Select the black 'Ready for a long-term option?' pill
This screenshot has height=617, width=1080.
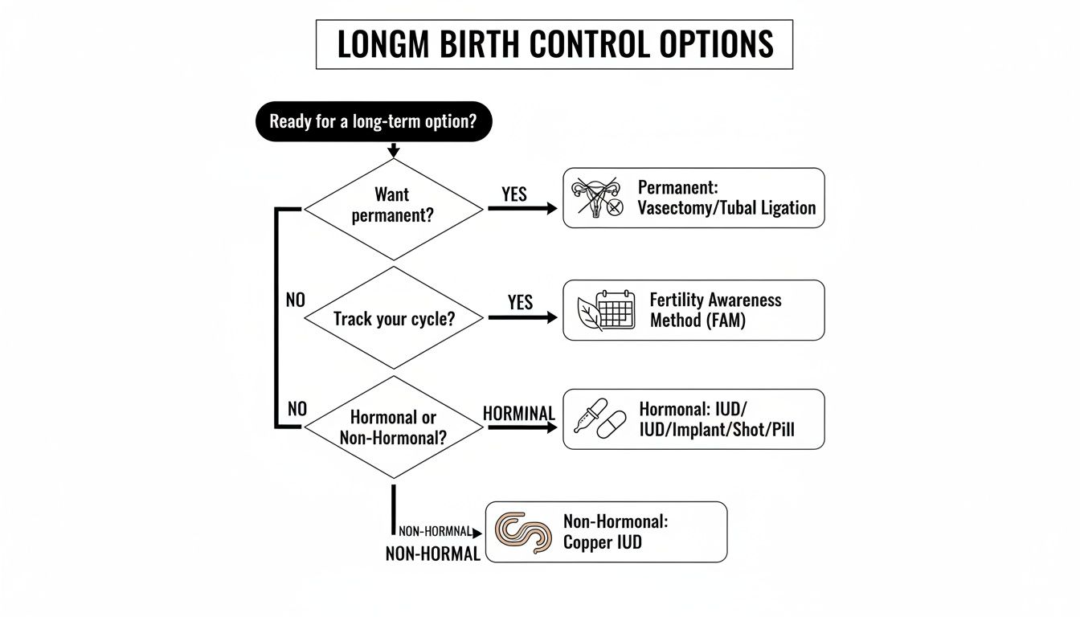pos(373,122)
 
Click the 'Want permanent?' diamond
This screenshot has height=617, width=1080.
pos(392,206)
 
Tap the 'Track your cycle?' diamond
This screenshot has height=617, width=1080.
pos(394,318)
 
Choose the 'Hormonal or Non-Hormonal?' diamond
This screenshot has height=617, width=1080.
pos(394,427)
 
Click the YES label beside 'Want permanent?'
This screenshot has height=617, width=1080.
pos(514,194)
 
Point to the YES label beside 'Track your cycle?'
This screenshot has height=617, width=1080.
pos(521,302)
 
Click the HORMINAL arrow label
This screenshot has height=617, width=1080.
pos(519,413)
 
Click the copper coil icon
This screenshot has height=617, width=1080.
pos(523,532)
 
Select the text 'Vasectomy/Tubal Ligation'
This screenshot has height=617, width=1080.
pos(726,208)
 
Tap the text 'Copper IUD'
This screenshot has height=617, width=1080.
pos(602,542)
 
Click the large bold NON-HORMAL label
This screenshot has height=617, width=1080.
pos(432,554)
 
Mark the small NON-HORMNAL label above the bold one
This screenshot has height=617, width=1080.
pos(435,532)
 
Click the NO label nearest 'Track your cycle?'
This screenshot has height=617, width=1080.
pos(296,300)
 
